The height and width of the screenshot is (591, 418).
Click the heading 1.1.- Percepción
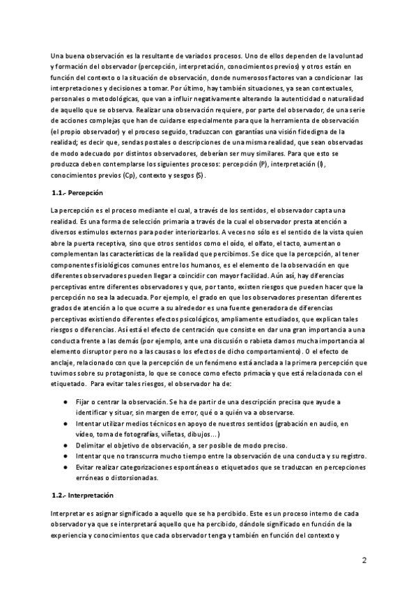[x=78, y=192]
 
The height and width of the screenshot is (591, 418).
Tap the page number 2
[x=364, y=561]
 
